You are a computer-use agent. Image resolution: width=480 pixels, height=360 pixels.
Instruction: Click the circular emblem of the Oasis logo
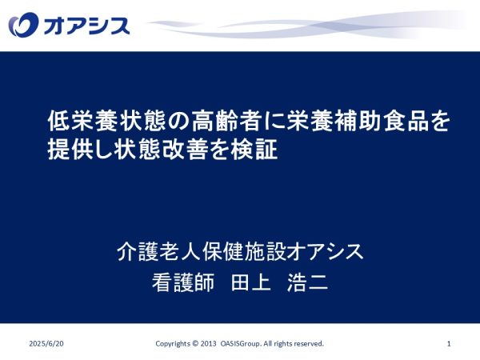click(x=23, y=25)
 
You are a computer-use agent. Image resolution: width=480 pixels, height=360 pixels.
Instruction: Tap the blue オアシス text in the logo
click(x=86, y=26)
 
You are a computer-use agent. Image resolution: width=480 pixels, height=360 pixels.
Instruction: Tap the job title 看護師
click(x=183, y=282)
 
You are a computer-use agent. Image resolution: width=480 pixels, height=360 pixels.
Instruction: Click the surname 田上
click(x=250, y=282)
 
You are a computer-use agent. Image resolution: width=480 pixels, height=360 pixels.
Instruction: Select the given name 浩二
click(x=308, y=282)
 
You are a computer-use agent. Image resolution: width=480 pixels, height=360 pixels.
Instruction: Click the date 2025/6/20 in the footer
click(x=46, y=343)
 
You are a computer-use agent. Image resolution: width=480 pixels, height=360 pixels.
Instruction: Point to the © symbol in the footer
click(x=195, y=343)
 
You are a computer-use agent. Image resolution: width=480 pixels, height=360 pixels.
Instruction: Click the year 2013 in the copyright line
click(x=208, y=343)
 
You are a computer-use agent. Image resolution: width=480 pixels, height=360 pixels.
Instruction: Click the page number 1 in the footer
click(x=449, y=343)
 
